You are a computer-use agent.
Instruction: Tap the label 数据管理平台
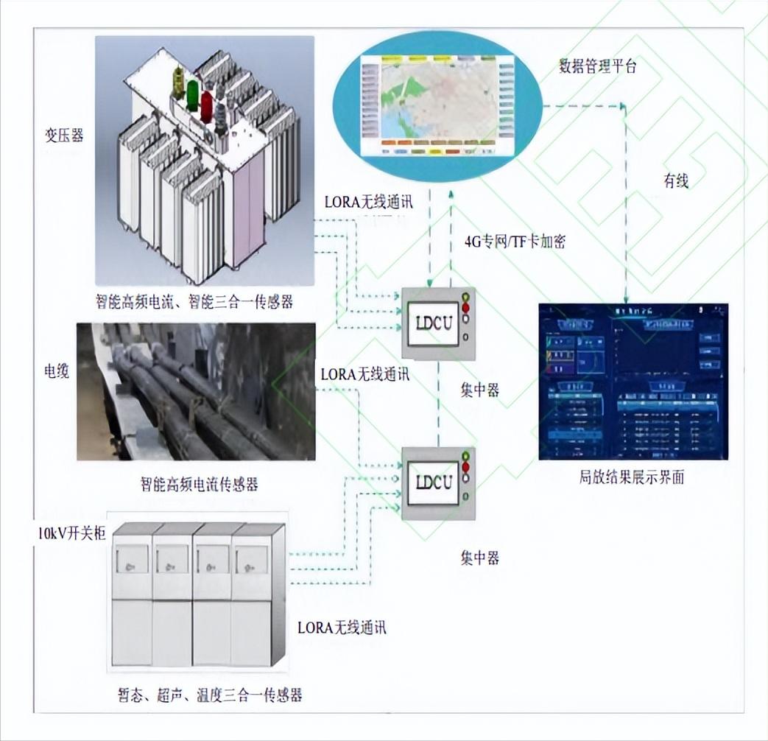click(597, 66)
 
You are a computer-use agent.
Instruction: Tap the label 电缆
click(56, 370)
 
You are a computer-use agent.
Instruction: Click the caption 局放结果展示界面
click(632, 477)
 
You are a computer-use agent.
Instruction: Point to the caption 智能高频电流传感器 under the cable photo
click(200, 484)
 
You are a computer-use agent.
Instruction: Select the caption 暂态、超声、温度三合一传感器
click(210, 695)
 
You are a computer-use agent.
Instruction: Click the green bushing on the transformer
click(192, 95)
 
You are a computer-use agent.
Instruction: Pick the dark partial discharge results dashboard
click(633, 382)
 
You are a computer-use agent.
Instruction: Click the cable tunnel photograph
click(196, 392)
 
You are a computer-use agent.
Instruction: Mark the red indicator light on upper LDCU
click(465, 307)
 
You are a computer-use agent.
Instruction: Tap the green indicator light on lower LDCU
click(465, 457)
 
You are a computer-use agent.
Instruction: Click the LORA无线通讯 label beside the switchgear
click(342, 628)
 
